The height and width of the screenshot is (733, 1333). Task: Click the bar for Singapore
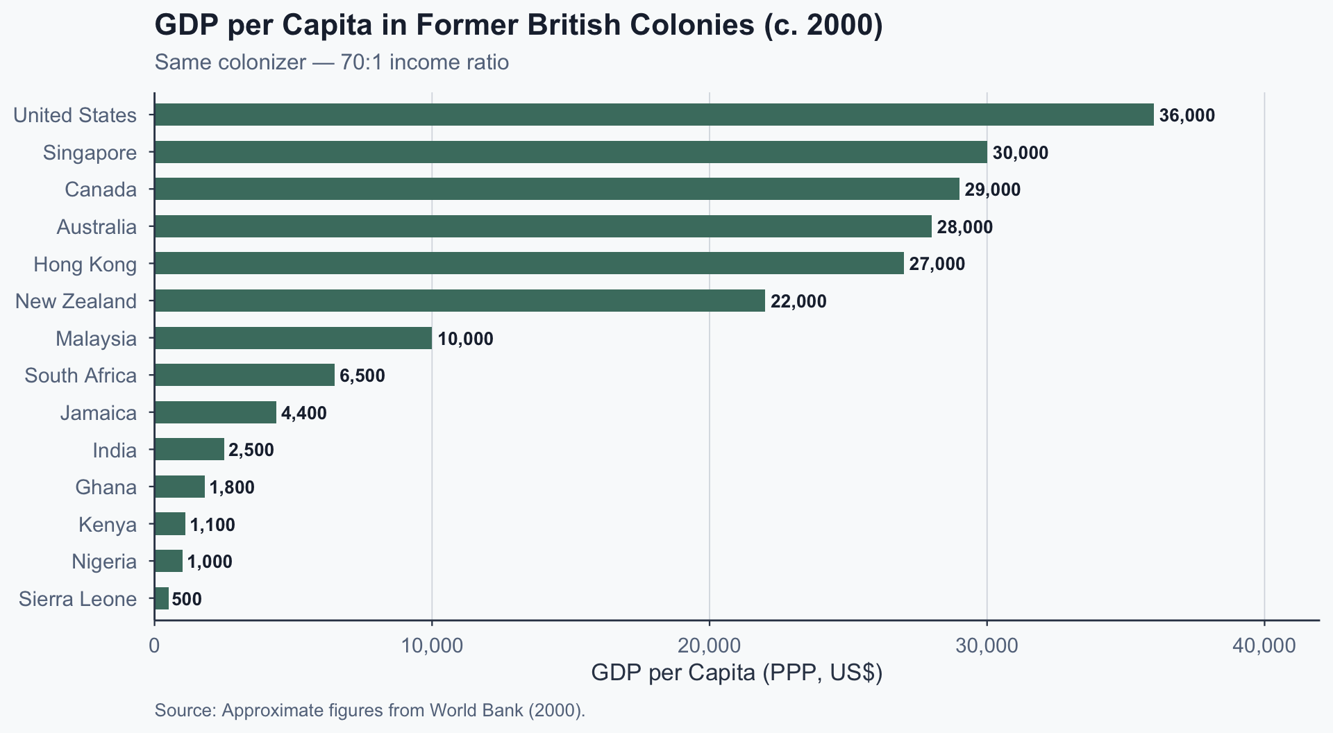tap(570, 152)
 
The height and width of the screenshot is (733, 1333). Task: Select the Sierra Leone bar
tap(161, 598)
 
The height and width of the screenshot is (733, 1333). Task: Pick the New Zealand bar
tap(459, 301)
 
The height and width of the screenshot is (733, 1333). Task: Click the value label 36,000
tap(1187, 115)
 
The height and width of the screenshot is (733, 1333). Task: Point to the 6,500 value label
tap(362, 376)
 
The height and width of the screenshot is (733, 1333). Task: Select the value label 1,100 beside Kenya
tap(212, 525)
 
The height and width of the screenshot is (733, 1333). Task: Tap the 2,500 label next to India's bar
tap(251, 450)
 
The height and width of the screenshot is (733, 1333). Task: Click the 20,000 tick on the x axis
tap(710, 646)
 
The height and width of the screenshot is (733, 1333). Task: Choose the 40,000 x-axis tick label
tap(1264, 646)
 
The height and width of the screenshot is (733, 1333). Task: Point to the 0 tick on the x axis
tap(154, 646)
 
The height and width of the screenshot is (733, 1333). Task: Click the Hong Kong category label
tap(85, 264)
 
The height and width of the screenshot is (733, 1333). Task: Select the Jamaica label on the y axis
tap(98, 413)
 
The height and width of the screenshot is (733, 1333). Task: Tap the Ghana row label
tap(106, 487)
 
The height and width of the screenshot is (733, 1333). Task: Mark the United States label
tap(75, 115)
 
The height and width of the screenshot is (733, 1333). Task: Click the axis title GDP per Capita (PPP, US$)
tap(736, 673)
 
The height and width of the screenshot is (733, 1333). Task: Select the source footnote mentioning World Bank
tap(370, 710)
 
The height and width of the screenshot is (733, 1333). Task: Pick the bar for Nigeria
tap(168, 561)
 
